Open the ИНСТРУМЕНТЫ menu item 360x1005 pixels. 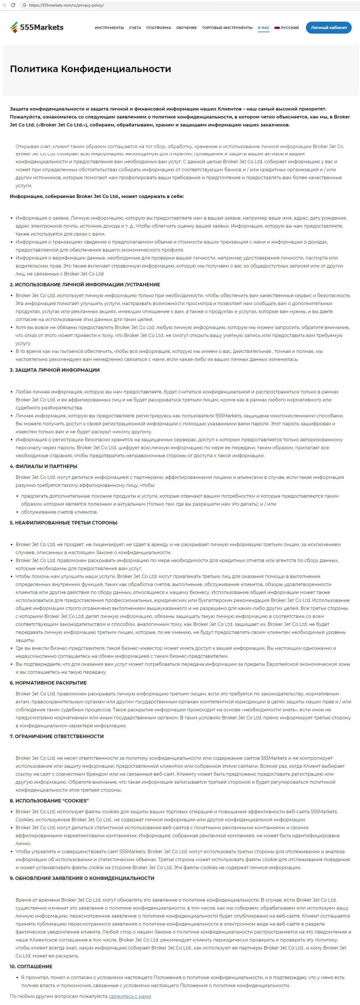tap(109, 28)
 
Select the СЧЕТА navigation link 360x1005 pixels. tap(135, 28)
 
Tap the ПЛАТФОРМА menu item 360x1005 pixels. tap(158, 28)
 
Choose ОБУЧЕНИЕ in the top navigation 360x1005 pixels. tap(187, 28)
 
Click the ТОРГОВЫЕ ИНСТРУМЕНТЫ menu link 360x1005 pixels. tap(227, 28)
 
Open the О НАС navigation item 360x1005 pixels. tap(263, 28)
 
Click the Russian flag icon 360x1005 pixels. tap(277, 28)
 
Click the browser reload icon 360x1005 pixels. tap(13, 5)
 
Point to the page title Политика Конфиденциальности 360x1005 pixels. tap(91, 69)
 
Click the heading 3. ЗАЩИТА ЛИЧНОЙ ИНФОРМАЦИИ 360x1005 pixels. tap(55, 370)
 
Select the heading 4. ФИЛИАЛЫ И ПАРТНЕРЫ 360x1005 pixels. tap(44, 466)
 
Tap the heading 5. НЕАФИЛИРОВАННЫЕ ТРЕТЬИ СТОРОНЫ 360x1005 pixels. tap(64, 523)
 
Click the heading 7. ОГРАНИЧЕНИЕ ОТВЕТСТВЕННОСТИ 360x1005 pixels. tap(57, 736)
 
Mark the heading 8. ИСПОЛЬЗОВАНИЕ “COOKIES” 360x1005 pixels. tap(49, 800)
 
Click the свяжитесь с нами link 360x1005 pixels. tap(130, 996)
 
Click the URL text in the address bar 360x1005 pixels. tap(66, 5)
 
